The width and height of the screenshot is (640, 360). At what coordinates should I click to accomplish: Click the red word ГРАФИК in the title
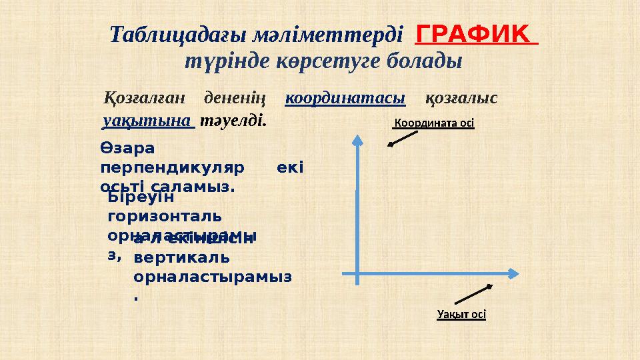pyautogui.click(x=477, y=32)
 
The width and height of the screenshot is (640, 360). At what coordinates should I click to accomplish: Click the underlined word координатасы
pyautogui.click(x=345, y=98)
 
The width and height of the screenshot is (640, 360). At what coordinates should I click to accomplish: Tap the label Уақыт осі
pyautogui.click(x=461, y=315)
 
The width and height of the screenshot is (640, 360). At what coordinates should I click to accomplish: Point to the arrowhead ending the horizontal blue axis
pyautogui.click(x=513, y=273)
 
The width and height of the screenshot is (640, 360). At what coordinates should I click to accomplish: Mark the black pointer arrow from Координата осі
pyautogui.click(x=403, y=137)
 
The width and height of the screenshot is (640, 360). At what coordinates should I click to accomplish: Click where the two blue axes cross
pyautogui.click(x=358, y=273)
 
